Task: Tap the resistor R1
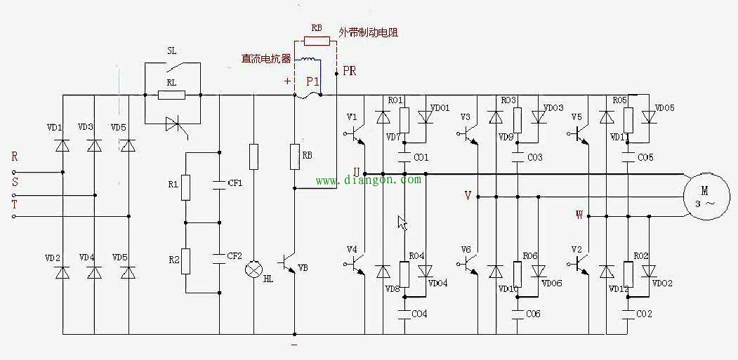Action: click(186, 187)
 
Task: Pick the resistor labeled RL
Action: click(171, 95)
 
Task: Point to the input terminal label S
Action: click(14, 181)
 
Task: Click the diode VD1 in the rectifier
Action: click(62, 145)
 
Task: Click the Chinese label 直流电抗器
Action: click(266, 59)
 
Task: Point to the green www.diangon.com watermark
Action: click(369, 180)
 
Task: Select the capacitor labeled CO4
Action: click(404, 314)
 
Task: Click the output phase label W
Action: click(579, 215)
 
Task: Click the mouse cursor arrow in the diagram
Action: click(402, 222)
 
